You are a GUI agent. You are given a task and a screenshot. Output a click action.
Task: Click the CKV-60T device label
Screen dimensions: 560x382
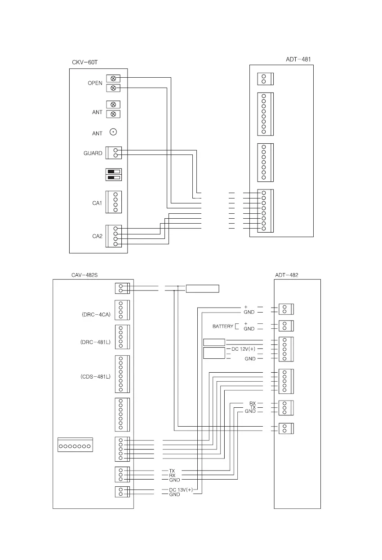click(84, 62)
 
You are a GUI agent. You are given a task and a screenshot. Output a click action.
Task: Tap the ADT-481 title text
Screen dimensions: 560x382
click(298, 59)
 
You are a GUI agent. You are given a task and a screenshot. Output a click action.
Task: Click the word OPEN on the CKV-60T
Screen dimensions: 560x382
click(95, 83)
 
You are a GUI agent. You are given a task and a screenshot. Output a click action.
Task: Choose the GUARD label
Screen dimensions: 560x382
click(93, 153)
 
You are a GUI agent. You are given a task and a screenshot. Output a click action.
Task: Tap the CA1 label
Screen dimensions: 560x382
click(98, 203)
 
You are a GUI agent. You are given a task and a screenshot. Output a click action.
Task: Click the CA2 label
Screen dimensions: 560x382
click(98, 236)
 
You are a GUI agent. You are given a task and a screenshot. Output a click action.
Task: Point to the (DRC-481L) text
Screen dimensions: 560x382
click(92, 342)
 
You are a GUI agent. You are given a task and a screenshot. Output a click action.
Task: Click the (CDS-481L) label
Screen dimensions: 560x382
click(92, 377)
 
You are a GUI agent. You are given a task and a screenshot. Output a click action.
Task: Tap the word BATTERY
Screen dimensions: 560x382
click(223, 326)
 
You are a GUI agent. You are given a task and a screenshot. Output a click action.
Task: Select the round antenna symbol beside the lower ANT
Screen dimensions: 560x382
click(113, 132)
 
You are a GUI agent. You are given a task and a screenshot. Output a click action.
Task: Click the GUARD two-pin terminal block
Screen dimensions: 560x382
click(114, 153)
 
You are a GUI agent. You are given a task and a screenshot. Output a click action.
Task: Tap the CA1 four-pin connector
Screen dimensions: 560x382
click(114, 202)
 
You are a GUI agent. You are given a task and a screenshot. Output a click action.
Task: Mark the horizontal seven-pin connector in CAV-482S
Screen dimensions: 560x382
click(76, 446)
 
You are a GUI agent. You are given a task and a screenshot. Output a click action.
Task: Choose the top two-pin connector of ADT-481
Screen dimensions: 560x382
click(265, 79)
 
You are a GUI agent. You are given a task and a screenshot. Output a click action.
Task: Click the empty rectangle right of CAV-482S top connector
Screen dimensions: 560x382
click(203, 288)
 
